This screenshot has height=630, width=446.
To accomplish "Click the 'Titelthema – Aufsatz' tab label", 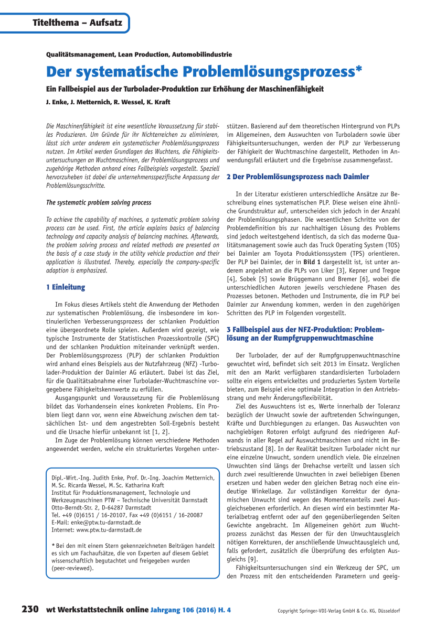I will (x=77, y=23).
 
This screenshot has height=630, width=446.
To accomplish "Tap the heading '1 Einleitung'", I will (x=66, y=287).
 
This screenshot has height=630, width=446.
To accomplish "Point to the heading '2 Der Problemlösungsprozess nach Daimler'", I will (x=298, y=177).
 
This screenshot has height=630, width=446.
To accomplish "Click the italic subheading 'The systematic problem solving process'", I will (x=99, y=202).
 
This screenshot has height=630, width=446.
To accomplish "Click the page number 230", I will (x=30, y=610).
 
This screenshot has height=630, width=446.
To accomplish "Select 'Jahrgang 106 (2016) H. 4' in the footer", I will (x=190, y=610).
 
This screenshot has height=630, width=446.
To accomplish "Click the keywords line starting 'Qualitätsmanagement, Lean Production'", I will (x=139, y=54).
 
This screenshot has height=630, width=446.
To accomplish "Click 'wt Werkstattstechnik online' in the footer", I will (x=97, y=610).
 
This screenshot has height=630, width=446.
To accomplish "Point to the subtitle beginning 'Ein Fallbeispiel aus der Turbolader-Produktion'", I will (x=185, y=89).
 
